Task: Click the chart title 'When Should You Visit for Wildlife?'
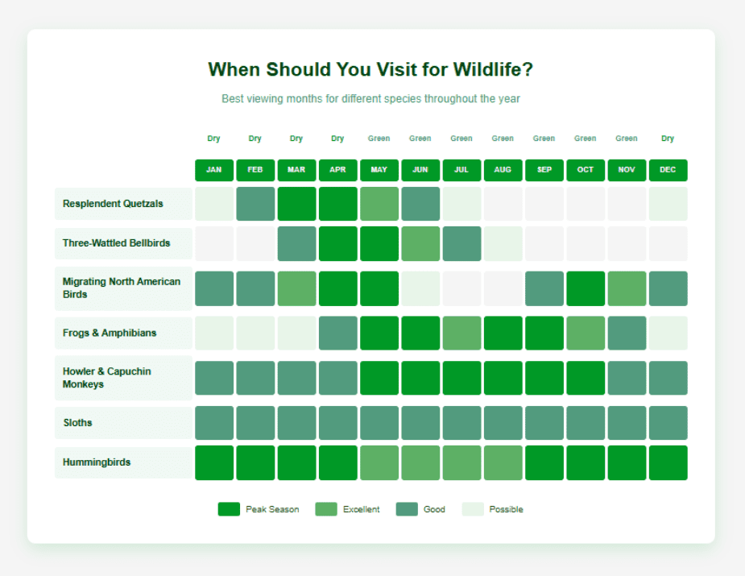click(x=370, y=70)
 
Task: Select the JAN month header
click(x=213, y=170)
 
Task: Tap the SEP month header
click(x=544, y=170)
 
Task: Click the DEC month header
click(x=668, y=170)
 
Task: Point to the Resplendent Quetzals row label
click(x=113, y=204)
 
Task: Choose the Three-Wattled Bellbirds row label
click(x=117, y=243)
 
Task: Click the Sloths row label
click(x=77, y=423)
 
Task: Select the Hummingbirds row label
click(x=97, y=462)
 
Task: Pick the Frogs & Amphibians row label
click(x=110, y=333)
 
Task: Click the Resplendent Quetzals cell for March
click(x=296, y=204)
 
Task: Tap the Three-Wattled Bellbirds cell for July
click(x=461, y=243)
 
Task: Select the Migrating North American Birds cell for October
click(x=586, y=288)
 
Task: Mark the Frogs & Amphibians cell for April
click(x=337, y=333)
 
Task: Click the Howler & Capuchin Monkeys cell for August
click(x=503, y=378)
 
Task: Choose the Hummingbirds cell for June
click(x=420, y=462)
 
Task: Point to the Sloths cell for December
click(x=668, y=423)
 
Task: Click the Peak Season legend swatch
click(x=229, y=509)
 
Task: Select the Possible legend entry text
click(x=506, y=509)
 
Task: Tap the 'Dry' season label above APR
click(x=337, y=139)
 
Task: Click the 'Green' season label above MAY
click(x=379, y=139)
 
